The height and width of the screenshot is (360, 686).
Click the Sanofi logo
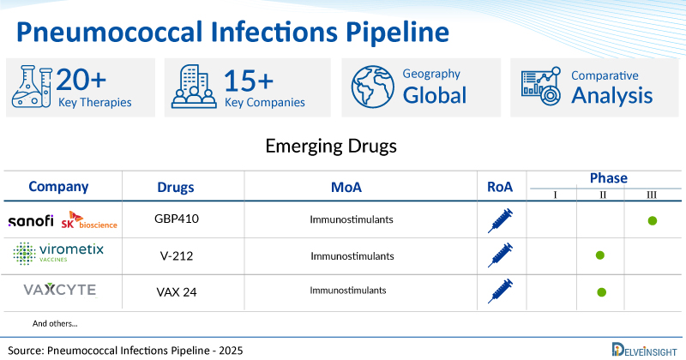pyautogui.click(x=31, y=221)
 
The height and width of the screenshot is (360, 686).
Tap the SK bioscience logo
pyautogui.click(x=89, y=220)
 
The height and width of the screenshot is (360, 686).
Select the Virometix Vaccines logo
pyautogui.click(x=58, y=253)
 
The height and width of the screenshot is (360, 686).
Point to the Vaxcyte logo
pyautogui.click(x=60, y=290)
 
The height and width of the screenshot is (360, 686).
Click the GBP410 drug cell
pyautogui.click(x=177, y=219)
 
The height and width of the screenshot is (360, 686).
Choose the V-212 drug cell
pyautogui.click(x=177, y=256)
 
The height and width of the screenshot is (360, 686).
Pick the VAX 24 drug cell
pyautogui.click(x=177, y=291)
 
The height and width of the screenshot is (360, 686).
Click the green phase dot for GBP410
pyautogui.click(x=653, y=220)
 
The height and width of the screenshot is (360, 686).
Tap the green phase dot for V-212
pyautogui.click(x=600, y=255)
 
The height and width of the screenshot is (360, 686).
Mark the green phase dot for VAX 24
pyautogui.click(x=602, y=291)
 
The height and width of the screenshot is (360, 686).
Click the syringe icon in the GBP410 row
pyautogui.click(x=500, y=220)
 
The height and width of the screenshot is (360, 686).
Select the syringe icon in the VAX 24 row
pyautogui.click(x=500, y=291)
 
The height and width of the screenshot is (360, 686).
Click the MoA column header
pyautogui.click(x=346, y=187)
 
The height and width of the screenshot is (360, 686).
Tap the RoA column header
pyautogui.click(x=500, y=187)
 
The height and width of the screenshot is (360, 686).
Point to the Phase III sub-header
pyautogui.click(x=652, y=195)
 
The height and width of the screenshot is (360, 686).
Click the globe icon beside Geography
pyautogui.click(x=373, y=87)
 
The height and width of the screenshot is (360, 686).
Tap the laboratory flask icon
pyautogui.click(x=32, y=87)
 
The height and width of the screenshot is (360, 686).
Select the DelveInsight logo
pyautogui.click(x=645, y=350)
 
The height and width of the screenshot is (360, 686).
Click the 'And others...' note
pyautogui.click(x=55, y=324)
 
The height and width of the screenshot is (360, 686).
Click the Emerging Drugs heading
pyautogui.click(x=331, y=146)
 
